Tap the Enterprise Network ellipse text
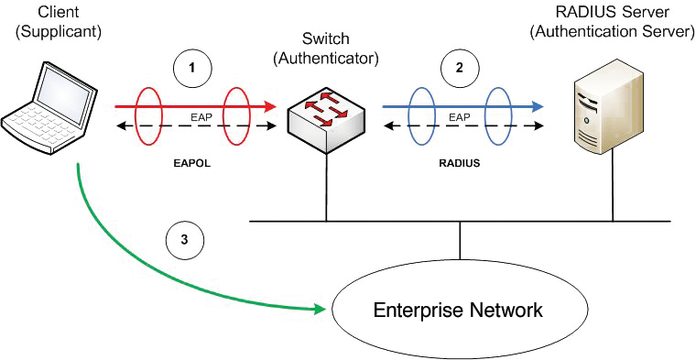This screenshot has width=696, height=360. [x=458, y=310]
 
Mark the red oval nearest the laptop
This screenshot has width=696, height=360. [x=147, y=117]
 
